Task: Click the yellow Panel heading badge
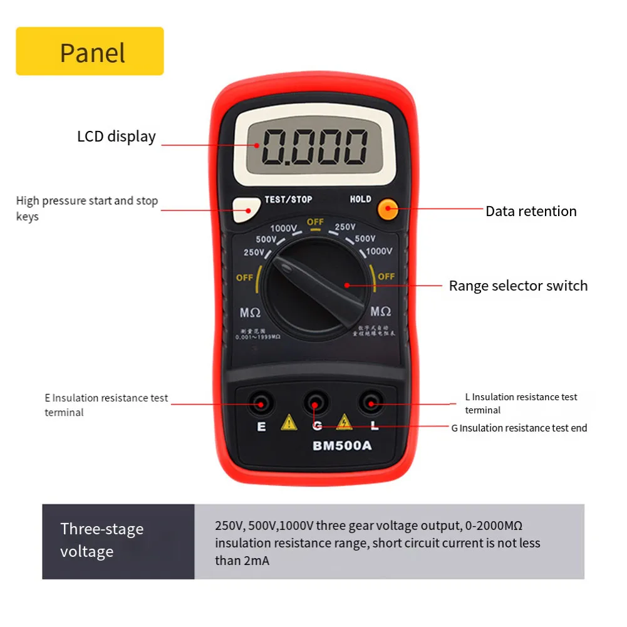tap(90, 51)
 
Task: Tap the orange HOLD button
tap(388, 210)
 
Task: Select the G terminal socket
tap(316, 402)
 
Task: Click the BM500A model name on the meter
tap(342, 446)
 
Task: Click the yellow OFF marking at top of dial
tap(315, 222)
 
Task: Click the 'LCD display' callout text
tap(116, 137)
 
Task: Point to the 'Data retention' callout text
tap(531, 211)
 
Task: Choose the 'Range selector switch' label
tap(518, 286)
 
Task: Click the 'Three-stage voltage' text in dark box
tap(101, 540)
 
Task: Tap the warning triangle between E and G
tap(289, 423)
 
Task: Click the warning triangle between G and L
tap(344, 423)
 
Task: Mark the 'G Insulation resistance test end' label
tap(519, 428)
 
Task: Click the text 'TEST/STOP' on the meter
tap(288, 199)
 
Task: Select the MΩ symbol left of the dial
tap(251, 311)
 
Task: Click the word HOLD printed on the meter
tap(360, 199)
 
